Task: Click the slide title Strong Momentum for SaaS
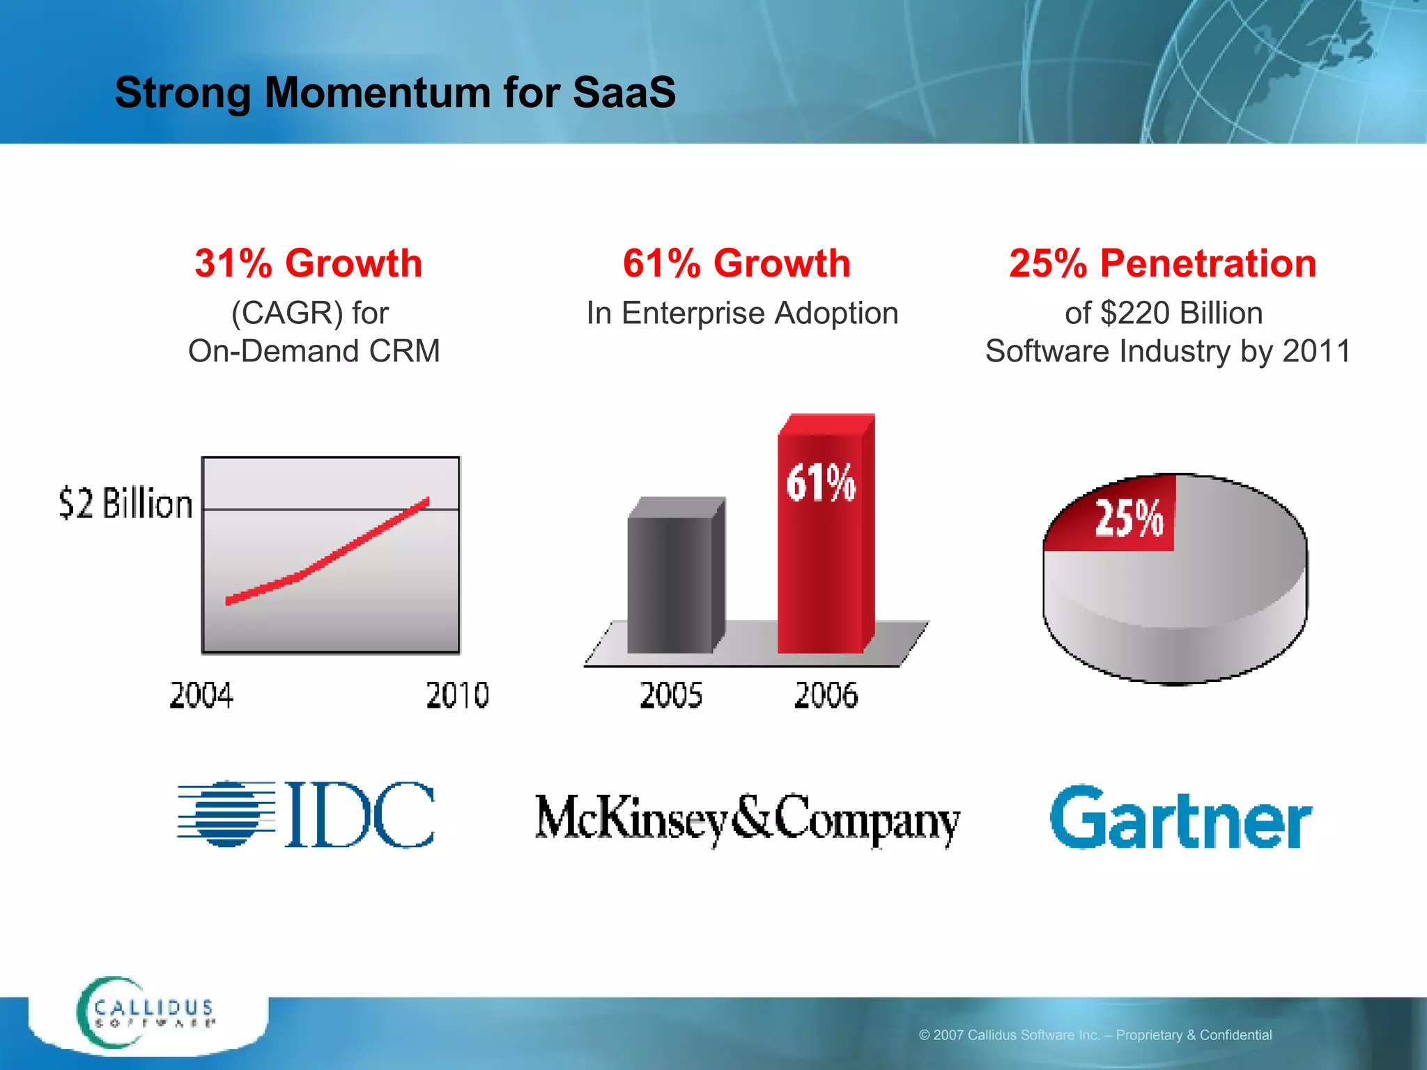pos(395,93)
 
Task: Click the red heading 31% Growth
pos(309,263)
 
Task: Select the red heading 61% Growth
pos(736,263)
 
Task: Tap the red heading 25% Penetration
pos(1163,263)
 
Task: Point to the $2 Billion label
pos(125,504)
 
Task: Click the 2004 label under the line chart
pos(201,695)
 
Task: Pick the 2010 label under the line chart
pos(458,695)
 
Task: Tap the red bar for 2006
pos(821,557)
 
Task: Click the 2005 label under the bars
pos(671,695)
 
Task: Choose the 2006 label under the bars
pos(826,695)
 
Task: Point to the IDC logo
pos(306,814)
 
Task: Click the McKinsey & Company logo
pos(747,819)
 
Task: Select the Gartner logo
pos(1181,819)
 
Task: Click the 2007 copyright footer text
pos(1095,1035)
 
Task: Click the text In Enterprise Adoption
pos(742,313)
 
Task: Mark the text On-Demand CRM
pos(314,351)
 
